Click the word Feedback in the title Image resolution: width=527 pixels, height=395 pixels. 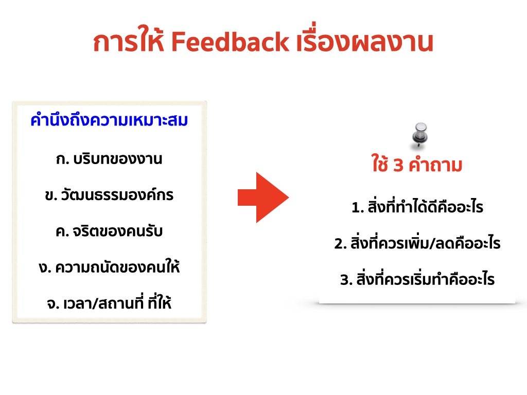point(230,42)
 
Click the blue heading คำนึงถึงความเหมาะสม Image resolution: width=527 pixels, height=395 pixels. point(109,120)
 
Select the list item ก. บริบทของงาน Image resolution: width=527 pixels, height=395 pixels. point(109,159)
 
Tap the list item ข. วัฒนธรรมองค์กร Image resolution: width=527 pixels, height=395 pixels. point(109,194)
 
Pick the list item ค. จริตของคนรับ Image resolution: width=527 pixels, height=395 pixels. point(109,231)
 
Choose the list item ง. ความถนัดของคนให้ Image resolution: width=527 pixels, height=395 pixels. point(109,267)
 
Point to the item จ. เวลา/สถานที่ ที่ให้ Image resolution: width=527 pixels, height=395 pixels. point(109,302)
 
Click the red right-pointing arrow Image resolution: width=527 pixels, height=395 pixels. point(263,197)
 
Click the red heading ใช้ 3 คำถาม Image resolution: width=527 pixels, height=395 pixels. point(417,164)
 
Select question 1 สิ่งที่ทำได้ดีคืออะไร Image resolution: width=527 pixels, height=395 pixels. point(417,207)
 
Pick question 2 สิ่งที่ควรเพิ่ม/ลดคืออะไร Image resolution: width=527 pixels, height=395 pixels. point(417,243)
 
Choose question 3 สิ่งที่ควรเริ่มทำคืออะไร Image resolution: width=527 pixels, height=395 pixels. point(417,279)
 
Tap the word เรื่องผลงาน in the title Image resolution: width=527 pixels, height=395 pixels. point(365,40)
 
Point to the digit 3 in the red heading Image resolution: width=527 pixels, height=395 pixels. point(398,166)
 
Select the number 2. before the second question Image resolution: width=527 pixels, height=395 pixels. point(341,244)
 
